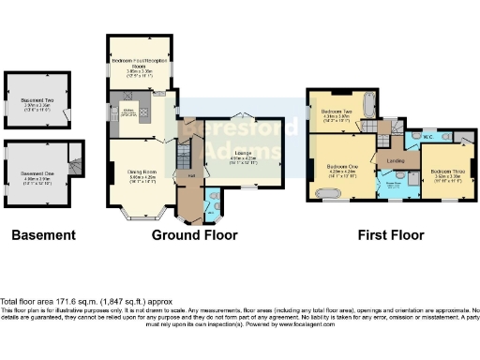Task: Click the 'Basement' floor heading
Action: point(42,235)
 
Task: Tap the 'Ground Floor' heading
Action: point(194,235)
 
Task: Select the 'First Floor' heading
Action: point(391,235)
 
